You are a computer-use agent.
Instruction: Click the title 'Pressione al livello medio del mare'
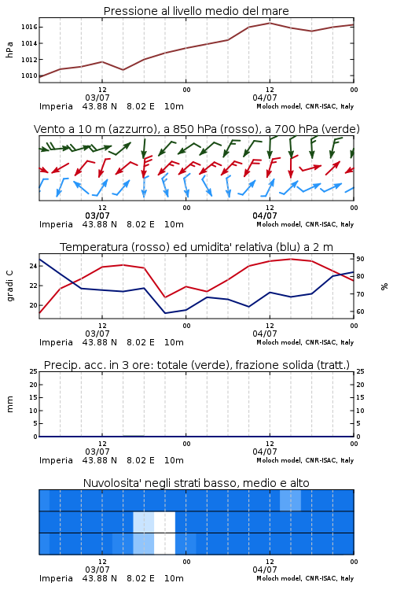pyautogui.click(x=196, y=11)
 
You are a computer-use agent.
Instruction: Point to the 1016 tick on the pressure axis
pyautogui.click(x=29, y=27)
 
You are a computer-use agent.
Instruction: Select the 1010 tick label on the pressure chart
pyautogui.click(x=29, y=76)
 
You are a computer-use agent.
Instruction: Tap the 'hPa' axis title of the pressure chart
pyautogui.click(x=9, y=50)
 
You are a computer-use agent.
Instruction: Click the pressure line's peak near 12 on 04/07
pyautogui.click(x=270, y=23)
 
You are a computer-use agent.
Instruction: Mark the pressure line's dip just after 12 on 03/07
pyautogui.click(x=123, y=69)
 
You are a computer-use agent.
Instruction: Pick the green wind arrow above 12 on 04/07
pyautogui.click(x=270, y=147)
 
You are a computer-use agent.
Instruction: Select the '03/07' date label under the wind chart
pyautogui.click(x=97, y=216)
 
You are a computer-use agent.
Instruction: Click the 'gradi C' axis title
pyautogui.click(x=10, y=286)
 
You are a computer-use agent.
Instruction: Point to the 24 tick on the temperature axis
pyautogui.click(x=34, y=266)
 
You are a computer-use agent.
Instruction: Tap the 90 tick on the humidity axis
pyautogui.click(x=360, y=259)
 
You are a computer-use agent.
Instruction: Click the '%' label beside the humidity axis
pyautogui.click(x=384, y=286)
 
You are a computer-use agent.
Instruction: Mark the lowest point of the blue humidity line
pyautogui.click(x=165, y=313)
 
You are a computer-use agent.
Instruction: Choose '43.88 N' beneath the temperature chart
pyautogui.click(x=100, y=342)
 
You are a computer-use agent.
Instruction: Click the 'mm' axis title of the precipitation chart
pyautogui.click(x=9, y=404)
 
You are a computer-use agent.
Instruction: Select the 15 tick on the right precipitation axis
pyautogui.click(x=360, y=397)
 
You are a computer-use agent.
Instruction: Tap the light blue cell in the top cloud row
pyautogui.click(x=290, y=500)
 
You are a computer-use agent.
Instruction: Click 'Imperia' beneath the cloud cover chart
pyautogui.click(x=56, y=578)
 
